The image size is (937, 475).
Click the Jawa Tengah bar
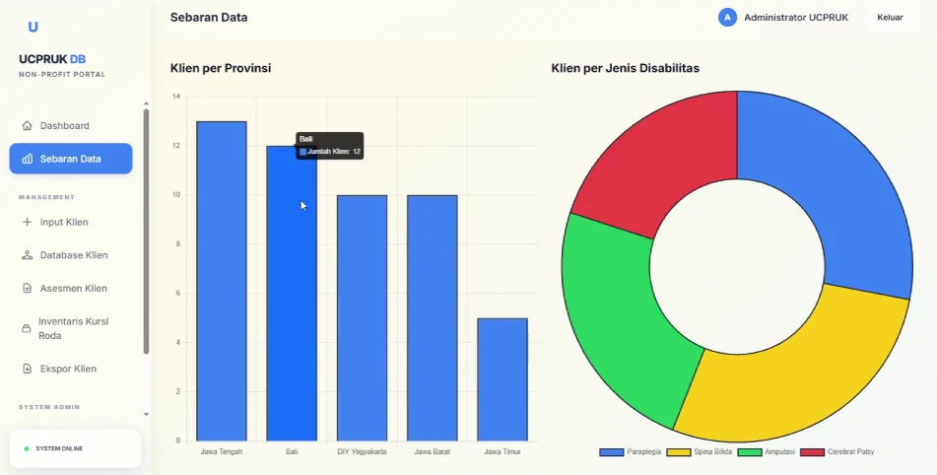(222, 281)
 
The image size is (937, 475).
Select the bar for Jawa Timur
(502, 379)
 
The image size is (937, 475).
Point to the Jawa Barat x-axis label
(432, 452)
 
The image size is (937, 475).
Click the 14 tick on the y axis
(175, 97)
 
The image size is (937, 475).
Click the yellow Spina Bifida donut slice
(788, 374)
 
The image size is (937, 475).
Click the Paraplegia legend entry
(631, 452)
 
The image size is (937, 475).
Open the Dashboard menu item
(64, 126)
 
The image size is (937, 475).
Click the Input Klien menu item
(64, 223)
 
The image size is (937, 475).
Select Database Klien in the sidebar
(73, 255)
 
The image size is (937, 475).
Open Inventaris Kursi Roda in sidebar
(73, 328)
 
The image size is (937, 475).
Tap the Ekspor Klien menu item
(67, 369)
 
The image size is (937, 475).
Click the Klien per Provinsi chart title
(221, 68)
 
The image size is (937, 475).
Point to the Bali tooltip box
(330, 146)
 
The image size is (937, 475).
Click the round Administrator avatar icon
(727, 18)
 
